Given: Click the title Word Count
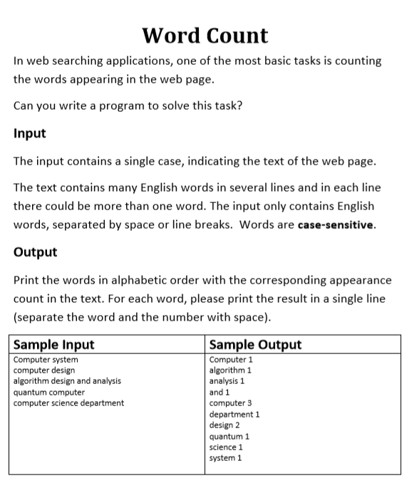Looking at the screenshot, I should [204, 35].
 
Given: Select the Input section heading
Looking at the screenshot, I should [30, 133].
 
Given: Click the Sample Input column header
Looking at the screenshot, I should [54, 345].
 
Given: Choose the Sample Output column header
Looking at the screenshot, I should [255, 345].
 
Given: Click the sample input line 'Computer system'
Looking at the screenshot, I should [46, 360].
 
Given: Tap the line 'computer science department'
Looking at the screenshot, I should [68, 403].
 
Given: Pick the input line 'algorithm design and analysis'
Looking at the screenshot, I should [68, 381].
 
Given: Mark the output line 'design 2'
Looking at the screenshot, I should [224, 425].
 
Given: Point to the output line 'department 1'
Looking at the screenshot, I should [234, 414].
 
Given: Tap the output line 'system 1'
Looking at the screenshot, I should [225, 458].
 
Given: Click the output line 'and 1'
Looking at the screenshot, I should [219, 393].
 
